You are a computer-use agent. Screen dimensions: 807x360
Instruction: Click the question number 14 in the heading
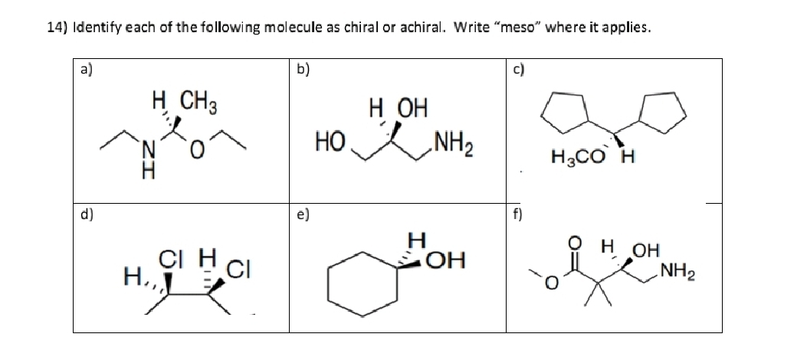click(x=57, y=28)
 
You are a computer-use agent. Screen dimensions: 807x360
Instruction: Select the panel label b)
click(x=301, y=69)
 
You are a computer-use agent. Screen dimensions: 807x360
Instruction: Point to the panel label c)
click(x=517, y=69)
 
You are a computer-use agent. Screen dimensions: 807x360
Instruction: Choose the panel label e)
click(x=301, y=214)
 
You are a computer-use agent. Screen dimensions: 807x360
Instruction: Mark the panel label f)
click(x=517, y=214)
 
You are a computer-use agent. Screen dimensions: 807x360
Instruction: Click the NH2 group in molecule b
click(x=454, y=140)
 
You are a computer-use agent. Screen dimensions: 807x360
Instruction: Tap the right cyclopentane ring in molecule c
click(x=661, y=110)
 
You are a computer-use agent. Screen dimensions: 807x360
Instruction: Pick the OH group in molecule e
click(x=446, y=260)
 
